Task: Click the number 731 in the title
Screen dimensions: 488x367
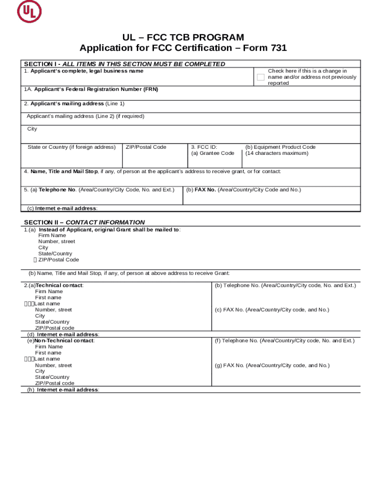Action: click(279, 48)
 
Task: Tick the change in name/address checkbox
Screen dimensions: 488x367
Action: click(260, 77)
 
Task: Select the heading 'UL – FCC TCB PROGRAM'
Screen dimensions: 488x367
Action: click(183, 37)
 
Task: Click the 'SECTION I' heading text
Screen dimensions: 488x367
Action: click(41, 64)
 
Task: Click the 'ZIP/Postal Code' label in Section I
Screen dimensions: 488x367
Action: click(146, 147)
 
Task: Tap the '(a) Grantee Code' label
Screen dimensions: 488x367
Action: click(213, 153)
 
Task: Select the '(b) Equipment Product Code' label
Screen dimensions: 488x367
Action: click(280, 147)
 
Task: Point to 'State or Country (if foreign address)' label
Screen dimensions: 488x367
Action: click(71, 147)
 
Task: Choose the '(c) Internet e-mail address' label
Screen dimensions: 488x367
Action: click(62, 208)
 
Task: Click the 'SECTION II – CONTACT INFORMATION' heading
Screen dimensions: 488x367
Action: click(84, 222)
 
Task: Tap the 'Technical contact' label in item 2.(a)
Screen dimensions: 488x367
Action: click(60, 285)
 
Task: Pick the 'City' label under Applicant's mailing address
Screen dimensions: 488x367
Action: click(32, 129)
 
